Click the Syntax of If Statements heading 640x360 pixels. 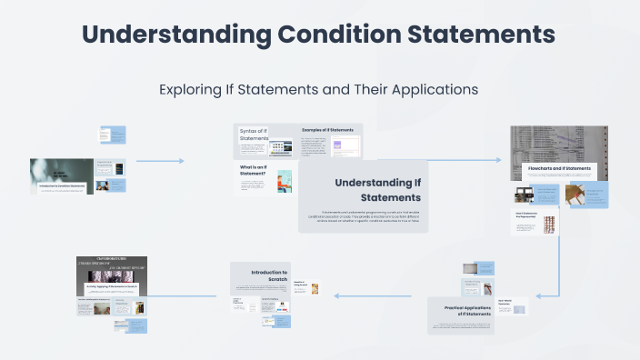pos(255,135)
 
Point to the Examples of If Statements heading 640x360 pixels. pos(327,130)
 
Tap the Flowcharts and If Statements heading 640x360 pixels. pos(560,169)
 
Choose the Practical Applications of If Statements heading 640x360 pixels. pos(460,311)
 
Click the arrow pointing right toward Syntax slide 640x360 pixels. pos(180,161)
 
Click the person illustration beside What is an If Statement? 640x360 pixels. pos(285,180)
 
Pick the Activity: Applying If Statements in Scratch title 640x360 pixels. pos(110,286)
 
